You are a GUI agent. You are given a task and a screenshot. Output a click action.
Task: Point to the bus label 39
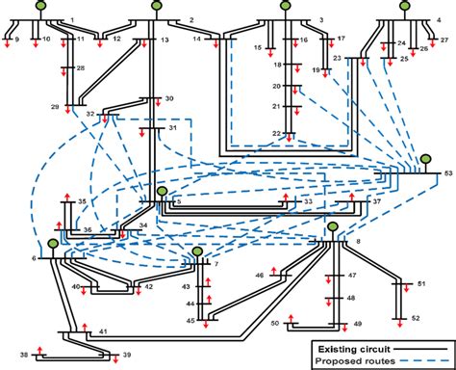click(126, 357)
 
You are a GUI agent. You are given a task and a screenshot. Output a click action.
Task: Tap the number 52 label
click(416, 317)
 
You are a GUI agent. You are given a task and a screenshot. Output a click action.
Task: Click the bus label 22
click(276, 134)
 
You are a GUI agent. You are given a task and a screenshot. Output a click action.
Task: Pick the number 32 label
click(90, 114)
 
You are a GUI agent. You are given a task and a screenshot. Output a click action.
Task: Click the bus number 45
click(190, 320)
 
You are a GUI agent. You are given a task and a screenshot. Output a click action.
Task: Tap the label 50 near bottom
click(275, 324)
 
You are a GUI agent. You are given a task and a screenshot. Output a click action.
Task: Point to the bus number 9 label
click(14, 40)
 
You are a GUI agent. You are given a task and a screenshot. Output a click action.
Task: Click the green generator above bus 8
click(332, 227)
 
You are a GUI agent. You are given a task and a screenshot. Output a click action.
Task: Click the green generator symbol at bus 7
click(196, 252)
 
